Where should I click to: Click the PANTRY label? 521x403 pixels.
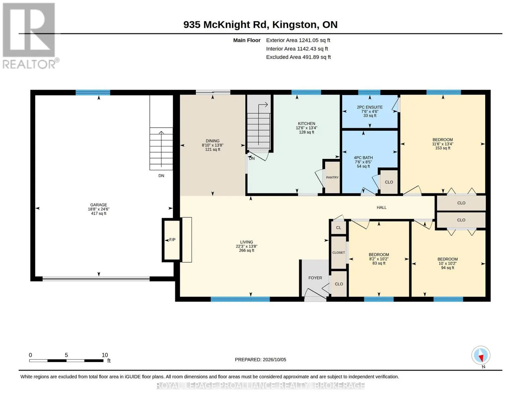(332, 177)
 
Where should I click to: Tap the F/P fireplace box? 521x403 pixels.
(171, 240)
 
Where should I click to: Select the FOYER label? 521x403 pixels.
(315, 278)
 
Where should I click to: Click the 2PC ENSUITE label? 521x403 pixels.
(370, 107)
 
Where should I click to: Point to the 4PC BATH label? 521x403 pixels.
(363, 158)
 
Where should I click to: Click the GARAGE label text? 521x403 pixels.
(99, 205)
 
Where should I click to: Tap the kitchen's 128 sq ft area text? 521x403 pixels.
(306, 132)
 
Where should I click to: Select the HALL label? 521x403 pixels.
(381, 208)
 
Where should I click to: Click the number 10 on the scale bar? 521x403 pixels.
(105, 355)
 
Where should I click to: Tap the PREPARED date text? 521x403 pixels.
(260, 360)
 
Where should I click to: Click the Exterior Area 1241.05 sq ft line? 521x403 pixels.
(298, 40)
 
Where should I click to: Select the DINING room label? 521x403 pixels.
(212, 141)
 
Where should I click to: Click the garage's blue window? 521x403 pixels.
(93, 92)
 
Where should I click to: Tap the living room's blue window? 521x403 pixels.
(240, 299)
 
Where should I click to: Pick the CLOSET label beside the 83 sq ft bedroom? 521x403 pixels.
(338, 253)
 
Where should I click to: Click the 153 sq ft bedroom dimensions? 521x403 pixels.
(442, 144)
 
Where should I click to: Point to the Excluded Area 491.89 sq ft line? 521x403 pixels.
(298, 57)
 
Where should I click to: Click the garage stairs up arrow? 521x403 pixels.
(161, 149)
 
